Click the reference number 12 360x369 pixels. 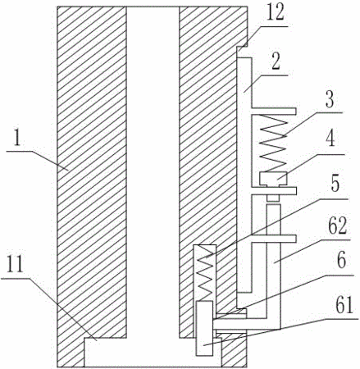click(276, 14)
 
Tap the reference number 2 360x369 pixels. click(276, 62)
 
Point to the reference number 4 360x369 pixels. click(330, 139)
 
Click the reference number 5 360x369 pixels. click(335, 184)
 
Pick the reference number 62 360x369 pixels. click(337, 226)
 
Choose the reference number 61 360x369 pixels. click(344, 306)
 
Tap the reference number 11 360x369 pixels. click(15, 264)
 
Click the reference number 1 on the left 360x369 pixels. click(17, 140)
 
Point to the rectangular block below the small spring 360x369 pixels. click(204, 328)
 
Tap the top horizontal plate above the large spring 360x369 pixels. click(273, 111)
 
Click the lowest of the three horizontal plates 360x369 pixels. click(273, 239)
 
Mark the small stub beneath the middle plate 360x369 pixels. click(273, 198)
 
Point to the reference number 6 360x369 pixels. click(341, 262)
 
